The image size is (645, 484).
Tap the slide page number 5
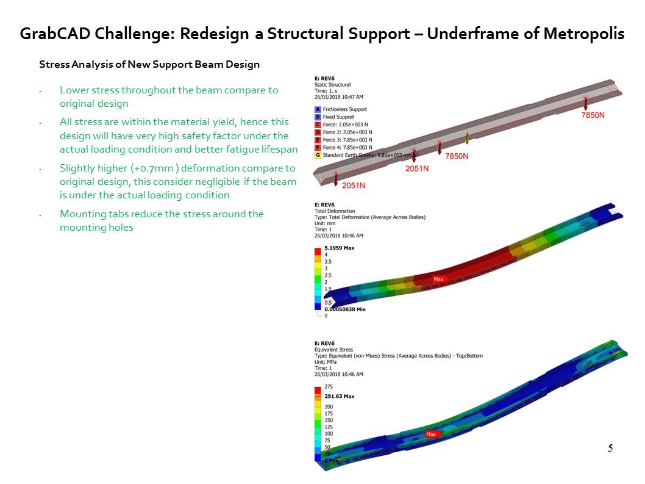tap(610, 449)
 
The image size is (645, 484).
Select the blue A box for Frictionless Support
tap(318, 109)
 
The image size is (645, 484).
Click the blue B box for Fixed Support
tap(318, 117)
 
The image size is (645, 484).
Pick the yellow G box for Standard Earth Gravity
tap(318, 155)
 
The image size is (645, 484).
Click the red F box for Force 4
tap(318, 148)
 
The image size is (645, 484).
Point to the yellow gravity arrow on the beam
tap(468, 139)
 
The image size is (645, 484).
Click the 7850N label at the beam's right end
tap(592, 115)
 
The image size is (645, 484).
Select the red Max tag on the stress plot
tap(432, 435)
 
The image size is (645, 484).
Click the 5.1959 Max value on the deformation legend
tap(339, 248)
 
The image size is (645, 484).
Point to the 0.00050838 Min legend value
tap(344, 309)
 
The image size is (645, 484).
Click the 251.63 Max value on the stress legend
tap(339, 396)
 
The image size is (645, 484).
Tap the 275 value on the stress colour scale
tap(329, 386)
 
